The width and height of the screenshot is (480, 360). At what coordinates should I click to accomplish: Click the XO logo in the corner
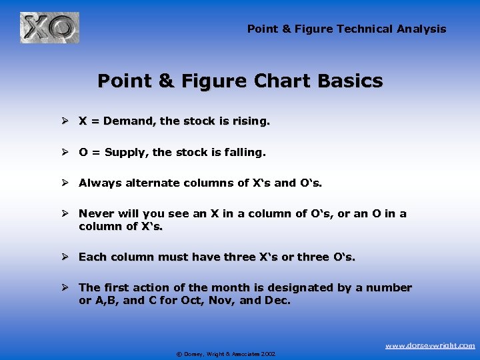click(49, 28)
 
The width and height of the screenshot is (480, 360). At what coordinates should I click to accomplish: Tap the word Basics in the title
click(351, 81)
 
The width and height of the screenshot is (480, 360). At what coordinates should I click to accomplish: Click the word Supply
click(127, 152)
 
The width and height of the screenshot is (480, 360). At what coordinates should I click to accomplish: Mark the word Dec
click(278, 301)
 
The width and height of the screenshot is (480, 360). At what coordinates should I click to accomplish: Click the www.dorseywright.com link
click(431, 345)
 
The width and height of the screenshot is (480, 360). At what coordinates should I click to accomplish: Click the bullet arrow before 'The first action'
click(67, 287)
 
